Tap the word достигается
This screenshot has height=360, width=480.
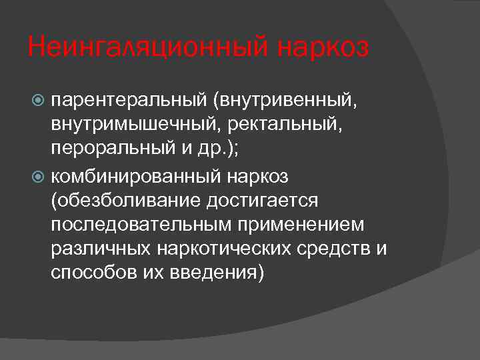click(271, 201)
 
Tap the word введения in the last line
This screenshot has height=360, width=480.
click(216, 273)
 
